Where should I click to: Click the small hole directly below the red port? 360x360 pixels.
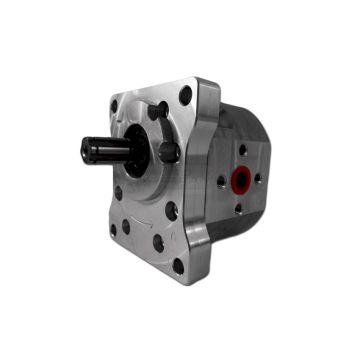[238, 209]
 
